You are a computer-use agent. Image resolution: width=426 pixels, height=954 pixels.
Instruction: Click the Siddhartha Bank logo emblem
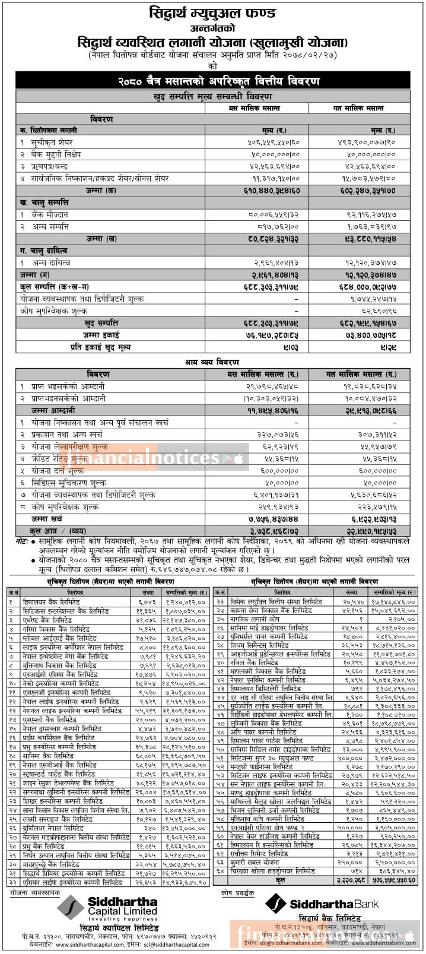pyautogui.click(x=275, y=905)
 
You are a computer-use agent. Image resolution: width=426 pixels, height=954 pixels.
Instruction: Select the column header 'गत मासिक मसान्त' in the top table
pyautogui.click(x=361, y=108)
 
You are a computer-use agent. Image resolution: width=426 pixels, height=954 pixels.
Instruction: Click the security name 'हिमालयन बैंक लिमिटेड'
pyautogui.click(x=50, y=601)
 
